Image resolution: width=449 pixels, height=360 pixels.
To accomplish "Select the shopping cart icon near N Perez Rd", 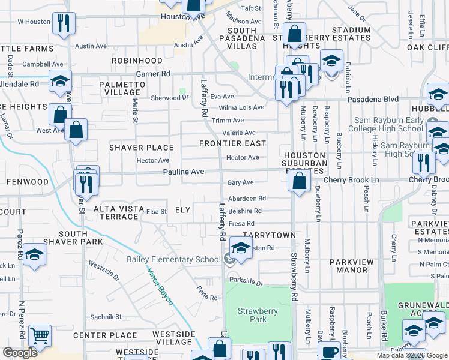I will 40,336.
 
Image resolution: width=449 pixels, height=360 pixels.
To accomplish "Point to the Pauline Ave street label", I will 184,172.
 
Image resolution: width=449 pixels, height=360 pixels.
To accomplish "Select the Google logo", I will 20,353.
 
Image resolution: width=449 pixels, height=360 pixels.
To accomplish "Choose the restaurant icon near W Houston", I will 64,23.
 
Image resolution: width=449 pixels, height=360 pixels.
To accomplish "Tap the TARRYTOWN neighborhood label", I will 265,236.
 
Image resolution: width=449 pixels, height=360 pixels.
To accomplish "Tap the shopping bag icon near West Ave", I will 76,130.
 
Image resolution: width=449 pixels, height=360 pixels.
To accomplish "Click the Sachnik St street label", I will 106,316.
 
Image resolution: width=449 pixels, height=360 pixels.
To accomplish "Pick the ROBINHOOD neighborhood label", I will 136,61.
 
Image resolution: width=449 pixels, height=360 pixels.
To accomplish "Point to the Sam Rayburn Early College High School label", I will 393,124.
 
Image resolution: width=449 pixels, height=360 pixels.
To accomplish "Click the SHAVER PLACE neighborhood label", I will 141,148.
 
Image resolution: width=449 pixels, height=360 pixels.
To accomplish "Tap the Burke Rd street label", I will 383,329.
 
